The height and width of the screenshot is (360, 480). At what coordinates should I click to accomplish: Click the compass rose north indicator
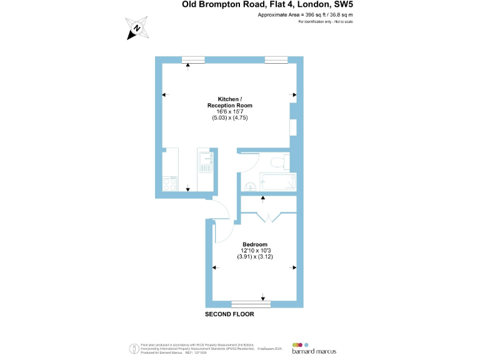[x=136, y=29]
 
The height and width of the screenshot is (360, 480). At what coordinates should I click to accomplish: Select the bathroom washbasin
[x=249, y=186]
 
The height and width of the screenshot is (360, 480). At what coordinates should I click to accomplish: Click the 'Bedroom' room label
[x=255, y=244]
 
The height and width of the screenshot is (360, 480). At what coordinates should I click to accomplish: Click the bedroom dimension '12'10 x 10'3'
[x=255, y=250]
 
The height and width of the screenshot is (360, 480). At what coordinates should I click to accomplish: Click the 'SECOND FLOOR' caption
[x=230, y=314]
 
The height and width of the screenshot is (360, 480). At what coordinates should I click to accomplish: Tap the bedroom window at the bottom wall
[x=251, y=305]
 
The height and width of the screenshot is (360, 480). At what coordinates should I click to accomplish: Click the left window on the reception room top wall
[x=193, y=59]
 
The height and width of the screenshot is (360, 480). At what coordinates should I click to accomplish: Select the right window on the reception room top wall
[x=276, y=59]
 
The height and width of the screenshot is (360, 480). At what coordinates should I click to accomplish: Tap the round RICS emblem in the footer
[x=133, y=347]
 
